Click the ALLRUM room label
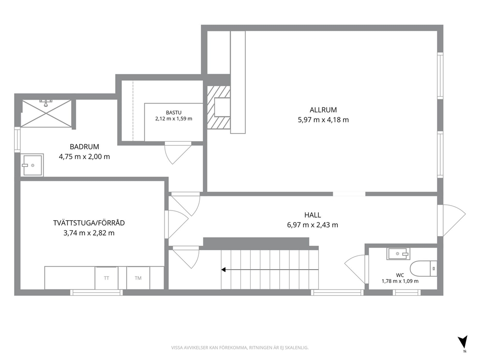(x=323, y=109)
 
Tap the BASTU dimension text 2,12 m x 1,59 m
(x=174, y=119)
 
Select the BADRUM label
(x=84, y=147)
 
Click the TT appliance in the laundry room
(x=106, y=278)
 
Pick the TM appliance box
(x=138, y=278)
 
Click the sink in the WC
(x=398, y=254)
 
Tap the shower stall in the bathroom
(x=46, y=113)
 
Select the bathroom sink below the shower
(x=32, y=165)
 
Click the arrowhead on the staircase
(x=224, y=270)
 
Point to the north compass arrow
(x=463, y=342)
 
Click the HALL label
(x=313, y=215)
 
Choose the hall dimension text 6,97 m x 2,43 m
(x=313, y=225)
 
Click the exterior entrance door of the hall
(x=451, y=220)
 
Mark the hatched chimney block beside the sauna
(x=219, y=107)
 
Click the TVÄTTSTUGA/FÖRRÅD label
(x=89, y=223)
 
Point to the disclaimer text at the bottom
(x=240, y=348)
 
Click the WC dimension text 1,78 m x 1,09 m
(x=400, y=281)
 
